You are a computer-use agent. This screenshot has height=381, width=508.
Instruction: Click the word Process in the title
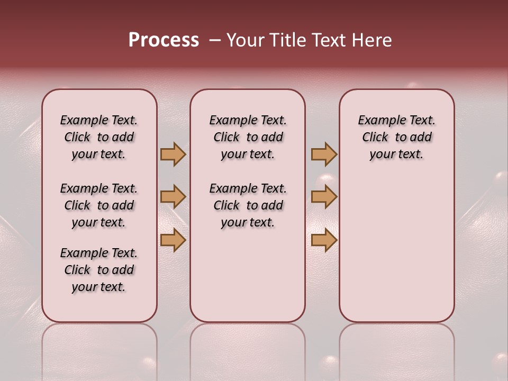pyautogui.click(x=164, y=40)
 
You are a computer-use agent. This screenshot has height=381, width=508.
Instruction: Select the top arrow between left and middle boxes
pyautogui.click(x=173, y=154)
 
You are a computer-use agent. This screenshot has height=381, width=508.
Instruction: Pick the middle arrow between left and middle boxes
pyautogui.click(x=173, y=197)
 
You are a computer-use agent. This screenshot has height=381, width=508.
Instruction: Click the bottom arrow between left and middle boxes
pyautogui.click(x=173, y=240)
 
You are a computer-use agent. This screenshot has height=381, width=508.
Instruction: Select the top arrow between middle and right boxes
pyautogui.click(x=324, y=154)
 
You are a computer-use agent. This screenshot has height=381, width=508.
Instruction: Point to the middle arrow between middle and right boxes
pyautogui.click(x=324, y=197)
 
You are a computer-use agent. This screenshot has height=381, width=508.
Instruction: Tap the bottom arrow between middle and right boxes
pyautogui.click(x=324, y=240)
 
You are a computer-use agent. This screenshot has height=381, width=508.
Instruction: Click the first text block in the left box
pyautogui.click(x=99, y=137)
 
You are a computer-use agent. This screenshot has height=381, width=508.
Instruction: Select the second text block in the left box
pyautogui.click(x=99, y=205)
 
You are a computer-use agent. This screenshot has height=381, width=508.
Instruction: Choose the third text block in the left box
pyautogui.click(x=99, y=270)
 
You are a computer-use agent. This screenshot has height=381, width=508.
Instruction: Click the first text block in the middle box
pyautogui.click(x=248, y=137)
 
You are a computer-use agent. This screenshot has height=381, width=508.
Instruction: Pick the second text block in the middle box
pyautogui.click(x=248, y=205)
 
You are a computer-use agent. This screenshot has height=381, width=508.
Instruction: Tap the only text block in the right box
pyautogui.click(x=396, y=137)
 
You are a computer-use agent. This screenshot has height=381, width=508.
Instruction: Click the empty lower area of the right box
pyautogui.click(x=396, y=249)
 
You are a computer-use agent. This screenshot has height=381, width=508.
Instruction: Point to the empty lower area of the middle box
pyautogui.click(x=248, y=275)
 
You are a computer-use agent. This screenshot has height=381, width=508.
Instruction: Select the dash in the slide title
pyautogui.click(x=215, y=40)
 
